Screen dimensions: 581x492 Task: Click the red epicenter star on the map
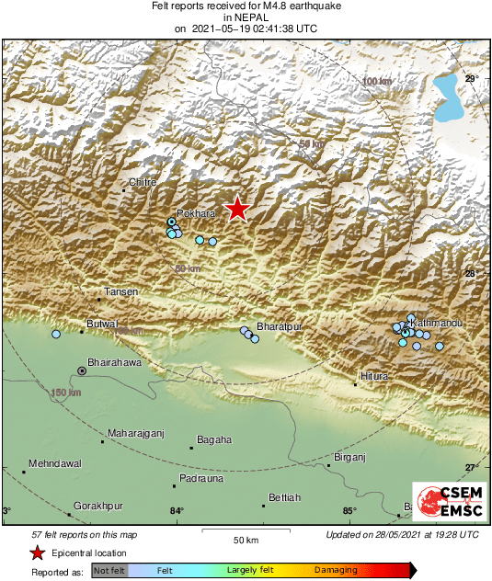[237, 209]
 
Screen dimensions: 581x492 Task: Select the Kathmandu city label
[435, 324]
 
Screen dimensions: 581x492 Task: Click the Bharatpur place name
[280, 327]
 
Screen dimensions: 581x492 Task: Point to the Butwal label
[101, 325]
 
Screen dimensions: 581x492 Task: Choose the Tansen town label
[121, 292]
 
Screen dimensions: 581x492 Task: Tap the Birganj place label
[349, 456]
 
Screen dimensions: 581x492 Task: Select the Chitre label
[143, 183]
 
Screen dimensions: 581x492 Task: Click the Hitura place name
[374, 377]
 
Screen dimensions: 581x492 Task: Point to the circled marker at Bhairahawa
[82, 370]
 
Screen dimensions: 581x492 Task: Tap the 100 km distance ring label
[376, 83]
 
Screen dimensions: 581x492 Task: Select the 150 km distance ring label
[60, 393]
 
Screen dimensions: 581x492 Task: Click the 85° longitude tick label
[349, 512]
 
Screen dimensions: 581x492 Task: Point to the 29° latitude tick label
[471, 79]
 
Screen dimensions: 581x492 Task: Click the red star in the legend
[38, 553]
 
